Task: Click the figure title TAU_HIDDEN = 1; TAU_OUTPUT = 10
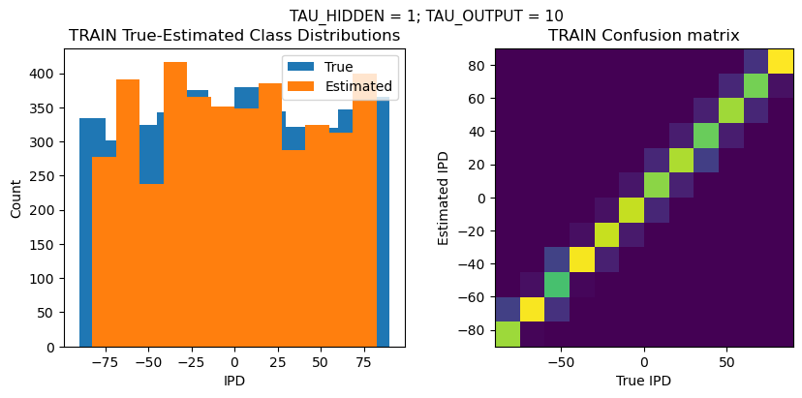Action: pyautogui.click(x=426, y=15)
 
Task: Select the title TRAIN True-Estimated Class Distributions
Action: pyautogui.click(x=234, y=36)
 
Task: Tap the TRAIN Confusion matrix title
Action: pyautogui.click(x=644, y=36)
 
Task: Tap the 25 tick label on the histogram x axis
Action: pyautogui.click(x=277, y=363)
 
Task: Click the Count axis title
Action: pyautogui.click(x=16, y=197)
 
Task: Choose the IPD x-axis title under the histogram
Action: pyautogui.click(x=234, y=381)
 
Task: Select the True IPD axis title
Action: pyautogui.click(x=644, y=381)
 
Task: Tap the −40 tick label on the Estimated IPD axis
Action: pyautogui.click(x=474, y=263)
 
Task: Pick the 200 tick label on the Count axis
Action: pyautogui.click(x=46, y=210)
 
